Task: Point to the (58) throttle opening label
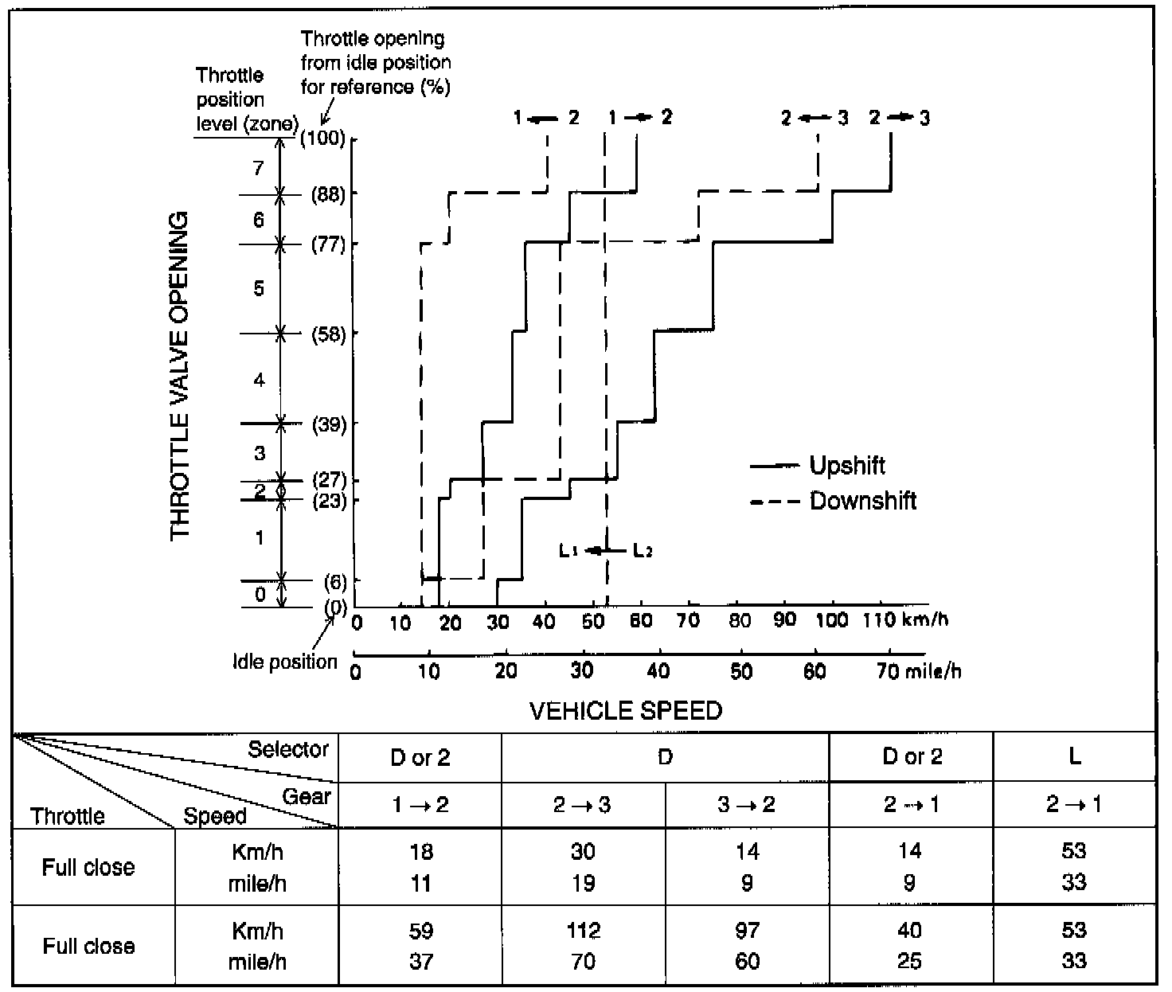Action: click(x=328, y=334)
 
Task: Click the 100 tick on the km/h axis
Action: click(x=833, y=621)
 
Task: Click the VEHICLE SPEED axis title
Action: click(x=625, y=710)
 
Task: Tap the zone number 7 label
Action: click(x=258, y=168)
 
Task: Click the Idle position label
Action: click(x=284, y=662)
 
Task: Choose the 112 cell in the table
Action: click(x=583, y=930)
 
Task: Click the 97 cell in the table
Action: click(x=747, y=930)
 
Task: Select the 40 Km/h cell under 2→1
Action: click(x=909, y=930)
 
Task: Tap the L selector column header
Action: click(x=1074, y=756)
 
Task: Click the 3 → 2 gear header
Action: click(x=746, y=805)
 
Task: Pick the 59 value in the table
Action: click(x=420, y=930)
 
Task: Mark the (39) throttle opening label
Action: click(x=328, y=424)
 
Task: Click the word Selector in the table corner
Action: click(x=288, y=749)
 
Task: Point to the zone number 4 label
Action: click(x=259, y=381)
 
